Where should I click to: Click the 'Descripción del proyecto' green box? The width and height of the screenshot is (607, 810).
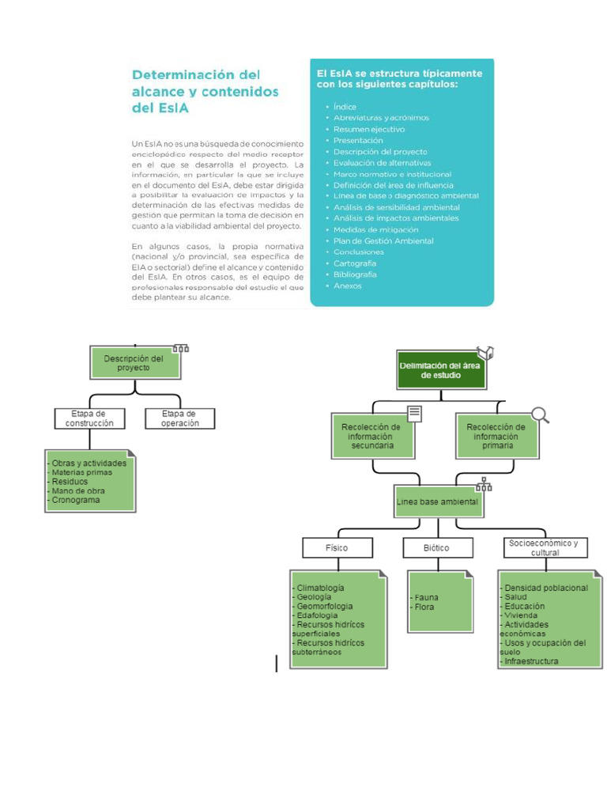pos(134,363)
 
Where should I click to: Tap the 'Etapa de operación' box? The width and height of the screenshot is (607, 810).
pos(180,418)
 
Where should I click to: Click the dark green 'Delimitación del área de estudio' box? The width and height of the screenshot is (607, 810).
pos(439,370)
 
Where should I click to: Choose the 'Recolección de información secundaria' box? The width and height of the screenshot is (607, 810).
pos(372,437)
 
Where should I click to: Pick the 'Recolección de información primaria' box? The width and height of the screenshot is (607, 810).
pos(496,437)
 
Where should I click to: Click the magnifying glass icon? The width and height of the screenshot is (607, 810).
pos(541,414)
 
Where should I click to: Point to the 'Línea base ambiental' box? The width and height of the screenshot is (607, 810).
pos(437,502)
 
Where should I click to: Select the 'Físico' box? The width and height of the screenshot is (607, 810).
pos(337,547)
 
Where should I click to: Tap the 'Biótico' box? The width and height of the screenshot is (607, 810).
pos(437,547)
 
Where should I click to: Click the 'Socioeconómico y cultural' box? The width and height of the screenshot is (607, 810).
pos(545,547)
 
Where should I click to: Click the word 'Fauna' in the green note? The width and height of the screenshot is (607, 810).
pos(427,597)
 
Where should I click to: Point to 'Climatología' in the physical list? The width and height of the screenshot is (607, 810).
pos(320,588)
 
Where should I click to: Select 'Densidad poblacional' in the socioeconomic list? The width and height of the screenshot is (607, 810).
pos(546,588)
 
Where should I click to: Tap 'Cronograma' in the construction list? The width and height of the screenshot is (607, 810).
pos(76,500)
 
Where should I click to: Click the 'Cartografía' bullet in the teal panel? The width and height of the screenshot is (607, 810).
pos(355,263)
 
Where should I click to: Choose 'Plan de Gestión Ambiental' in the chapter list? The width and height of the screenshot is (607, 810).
pos(383,241)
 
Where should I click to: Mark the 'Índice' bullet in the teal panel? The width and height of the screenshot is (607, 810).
pos(345,107)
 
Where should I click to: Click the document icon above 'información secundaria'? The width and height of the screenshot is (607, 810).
pos(415,413)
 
